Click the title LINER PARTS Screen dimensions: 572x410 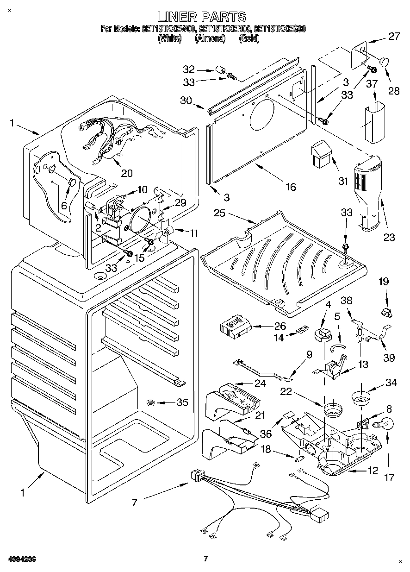[x=202, y=17]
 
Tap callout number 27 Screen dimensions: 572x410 [x=393, y=37]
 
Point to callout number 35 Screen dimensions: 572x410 [x=182, y=402]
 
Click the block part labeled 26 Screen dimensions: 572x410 [x=236, y=326]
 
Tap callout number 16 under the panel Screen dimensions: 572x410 [x=290, y=187]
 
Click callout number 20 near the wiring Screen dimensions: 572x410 [x=126, y=174]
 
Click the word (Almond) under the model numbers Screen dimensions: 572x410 [x=210, y=39]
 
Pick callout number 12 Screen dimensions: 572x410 [x=373, y=471]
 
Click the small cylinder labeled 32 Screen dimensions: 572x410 [x=221, y=71]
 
